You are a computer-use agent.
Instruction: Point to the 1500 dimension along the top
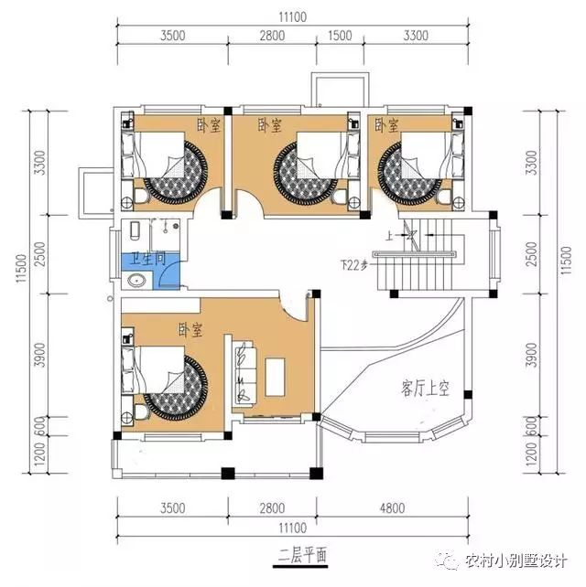340,36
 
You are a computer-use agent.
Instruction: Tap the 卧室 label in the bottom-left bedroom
190,327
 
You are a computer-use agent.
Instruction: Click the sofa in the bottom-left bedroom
244,372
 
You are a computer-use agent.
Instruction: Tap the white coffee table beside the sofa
277,375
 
